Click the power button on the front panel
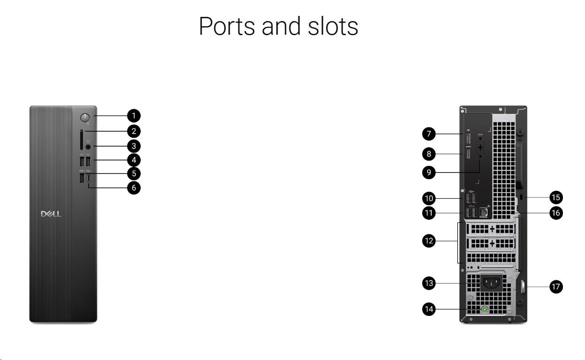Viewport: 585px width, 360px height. click(85, 117)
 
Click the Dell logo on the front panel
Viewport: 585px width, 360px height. click(51, 214)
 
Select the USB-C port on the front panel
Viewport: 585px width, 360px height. click(89, 180)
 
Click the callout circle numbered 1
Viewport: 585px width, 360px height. click(134, 115)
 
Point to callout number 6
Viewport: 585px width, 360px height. click(134, 188)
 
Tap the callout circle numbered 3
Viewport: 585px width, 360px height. click(134, 146)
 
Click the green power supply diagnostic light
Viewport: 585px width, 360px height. click(485, 310)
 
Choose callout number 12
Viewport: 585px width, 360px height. click(428, 241)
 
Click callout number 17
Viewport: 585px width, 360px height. click(556, 287)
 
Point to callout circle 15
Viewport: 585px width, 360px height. click(556, 197)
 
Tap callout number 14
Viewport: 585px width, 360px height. click(428, 309)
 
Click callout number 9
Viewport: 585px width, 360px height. click(428, 172)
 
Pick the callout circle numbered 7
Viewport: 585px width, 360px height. click(428, 134)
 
